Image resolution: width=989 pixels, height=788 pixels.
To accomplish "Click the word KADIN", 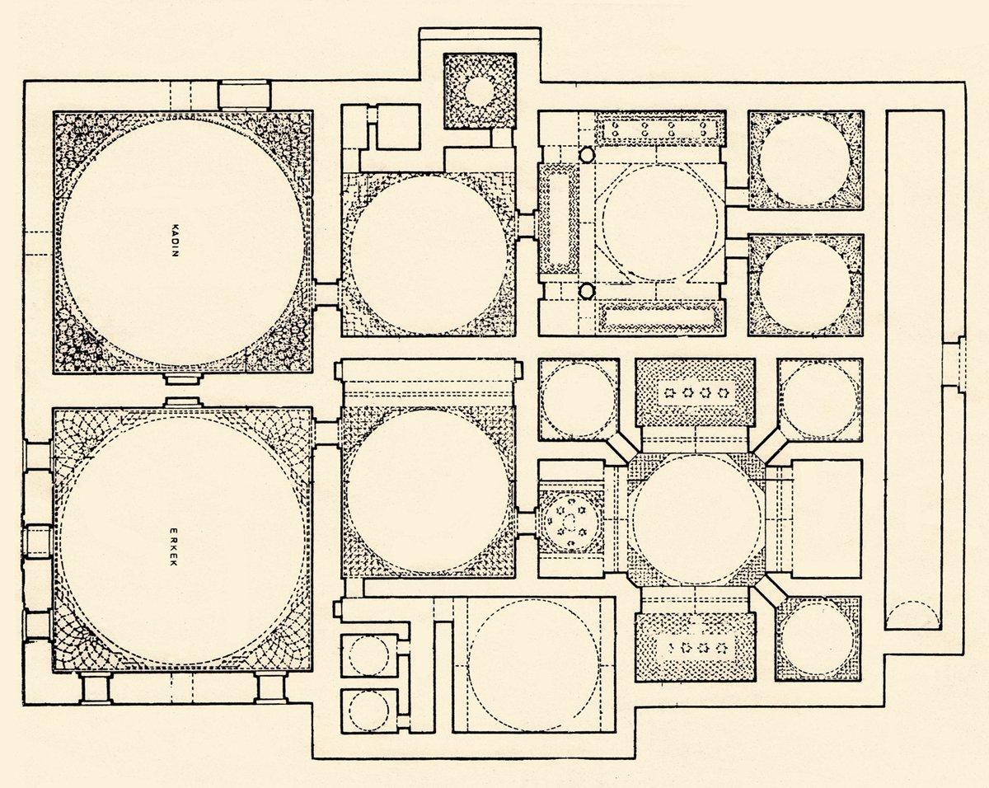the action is pos(174,240).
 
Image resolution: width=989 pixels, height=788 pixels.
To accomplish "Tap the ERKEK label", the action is pos(173,546).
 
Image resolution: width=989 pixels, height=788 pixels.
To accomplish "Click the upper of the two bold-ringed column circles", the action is pos(586,155).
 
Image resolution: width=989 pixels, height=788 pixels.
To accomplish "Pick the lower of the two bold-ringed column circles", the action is pos(586,291).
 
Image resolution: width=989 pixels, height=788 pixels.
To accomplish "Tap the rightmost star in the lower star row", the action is pos(721,648).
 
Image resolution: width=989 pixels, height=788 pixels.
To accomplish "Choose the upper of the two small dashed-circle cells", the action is pos(368,655).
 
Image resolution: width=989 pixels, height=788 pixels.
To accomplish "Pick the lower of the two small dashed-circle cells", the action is pos(368,710).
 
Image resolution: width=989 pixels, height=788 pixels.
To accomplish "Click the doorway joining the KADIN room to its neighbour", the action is pos(327,294).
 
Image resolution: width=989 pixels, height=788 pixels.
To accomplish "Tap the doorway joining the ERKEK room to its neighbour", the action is pos(327,433).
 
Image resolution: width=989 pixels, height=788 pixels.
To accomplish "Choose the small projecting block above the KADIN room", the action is pos(244,96).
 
